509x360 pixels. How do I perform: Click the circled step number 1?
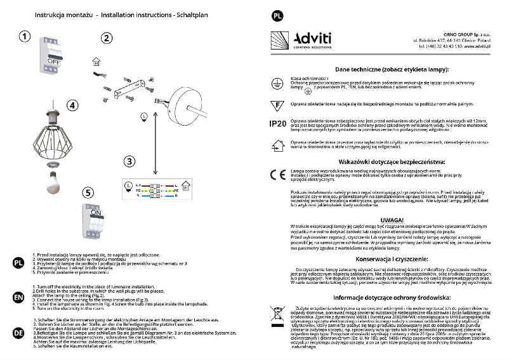23,37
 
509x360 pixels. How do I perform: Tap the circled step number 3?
129,161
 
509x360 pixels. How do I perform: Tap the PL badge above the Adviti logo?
277,15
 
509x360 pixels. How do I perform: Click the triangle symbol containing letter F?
277,104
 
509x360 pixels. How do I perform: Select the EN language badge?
20,297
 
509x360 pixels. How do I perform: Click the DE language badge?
20,333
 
